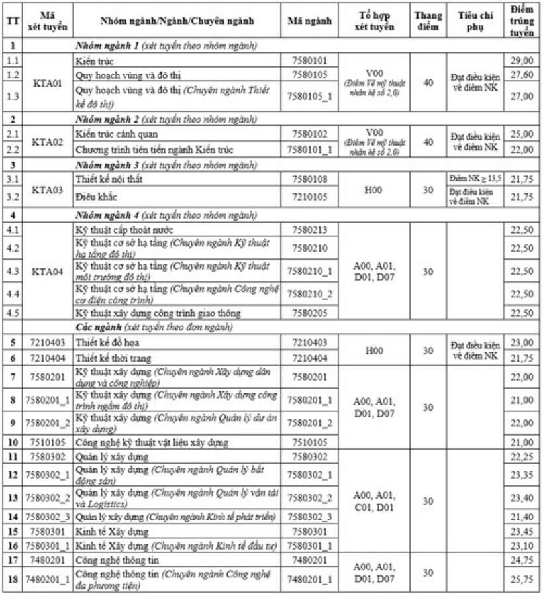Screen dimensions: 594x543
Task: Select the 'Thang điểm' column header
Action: coord(428,21)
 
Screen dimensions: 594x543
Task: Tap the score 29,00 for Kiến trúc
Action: coord(522,60)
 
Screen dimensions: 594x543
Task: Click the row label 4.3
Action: coord(12,272)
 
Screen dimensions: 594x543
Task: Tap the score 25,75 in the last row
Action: coord(522,581)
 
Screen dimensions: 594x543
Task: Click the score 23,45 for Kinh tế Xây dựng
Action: coord(522,531)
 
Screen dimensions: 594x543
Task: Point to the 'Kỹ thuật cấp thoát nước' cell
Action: coord(124,230)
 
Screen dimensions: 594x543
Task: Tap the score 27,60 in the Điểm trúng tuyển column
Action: coord(522,74)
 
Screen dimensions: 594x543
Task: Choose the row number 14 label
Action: coord(12,517)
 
